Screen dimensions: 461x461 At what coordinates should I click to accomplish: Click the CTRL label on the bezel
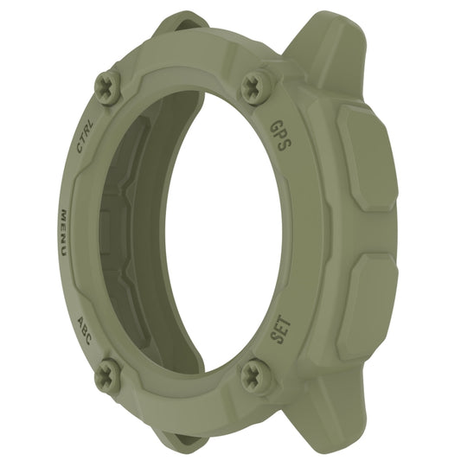click(x=86, y=138)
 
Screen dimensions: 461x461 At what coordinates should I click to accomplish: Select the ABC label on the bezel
click(x=85, y=329)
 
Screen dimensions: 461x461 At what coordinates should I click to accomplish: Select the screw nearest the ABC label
click(x=107, y=374)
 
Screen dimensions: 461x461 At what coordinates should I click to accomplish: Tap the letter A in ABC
click(x=79, y=318)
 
